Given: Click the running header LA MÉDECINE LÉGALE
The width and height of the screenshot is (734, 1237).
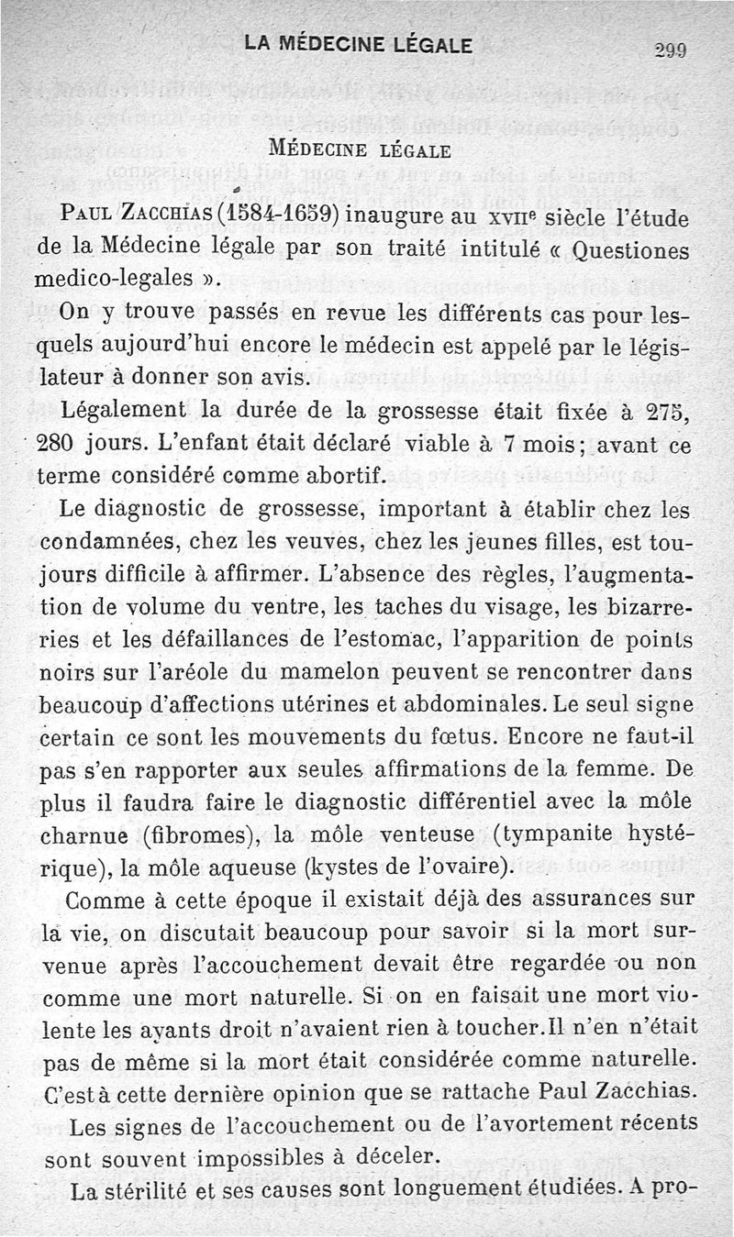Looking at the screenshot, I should click(x=359, y=44).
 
